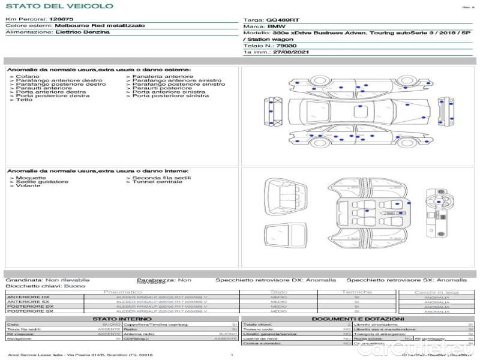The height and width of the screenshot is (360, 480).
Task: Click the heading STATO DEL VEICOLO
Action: click(x=59, y=6)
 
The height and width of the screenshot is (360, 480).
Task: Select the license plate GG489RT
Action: click(x=280, y=20)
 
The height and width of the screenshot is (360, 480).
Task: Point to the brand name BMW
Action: click(x=276, y=27)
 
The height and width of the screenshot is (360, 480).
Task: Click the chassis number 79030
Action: click(x=287, y=45)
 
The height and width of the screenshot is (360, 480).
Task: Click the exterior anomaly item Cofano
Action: click(x=28, y=77)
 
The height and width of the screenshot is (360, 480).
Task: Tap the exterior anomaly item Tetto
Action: click(x=25, y=100)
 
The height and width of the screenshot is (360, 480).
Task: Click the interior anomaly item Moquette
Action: click(x=31, y=178)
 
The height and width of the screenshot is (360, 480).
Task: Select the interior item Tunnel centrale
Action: click(x=157, y=182)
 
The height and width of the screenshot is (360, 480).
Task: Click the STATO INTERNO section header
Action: click(x=122, y=319)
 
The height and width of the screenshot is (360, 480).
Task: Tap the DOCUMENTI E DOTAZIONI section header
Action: click(x=358, y=319)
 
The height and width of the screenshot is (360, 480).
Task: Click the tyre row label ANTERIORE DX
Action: click(x=28, y=297)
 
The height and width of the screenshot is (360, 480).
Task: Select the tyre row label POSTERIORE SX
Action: click(x=29, y=311)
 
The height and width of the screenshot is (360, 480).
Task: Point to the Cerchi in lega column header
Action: click(x=436, y=292)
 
